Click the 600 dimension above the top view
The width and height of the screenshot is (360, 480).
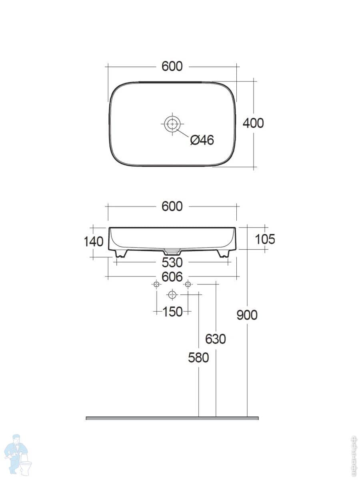pyautogui.click(x=172, y=66)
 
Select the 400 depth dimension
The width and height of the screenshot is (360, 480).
pyautogui.click(x=253, y=123)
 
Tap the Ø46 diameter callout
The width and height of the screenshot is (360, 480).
pyautogui.click(x=202, y=140)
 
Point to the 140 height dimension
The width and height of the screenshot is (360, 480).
pyautogui.click(x=94, y=241)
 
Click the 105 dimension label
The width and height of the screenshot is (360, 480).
pyautogui.click(x=265, y=239)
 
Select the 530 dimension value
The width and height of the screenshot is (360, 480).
pyautogui.click(x=172, y=262)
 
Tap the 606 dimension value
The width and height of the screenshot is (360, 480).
pyautogui.click(x=172, y=276)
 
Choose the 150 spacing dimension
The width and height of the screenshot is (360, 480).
pyautogui.click(x=173, y=311)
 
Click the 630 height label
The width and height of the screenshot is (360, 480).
pyautogui.click(x=216, y=339)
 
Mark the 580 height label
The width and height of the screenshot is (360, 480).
pyautogui.click(x=198, y=357)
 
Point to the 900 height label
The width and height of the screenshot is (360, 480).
pyautogui.click(x=247, y=315)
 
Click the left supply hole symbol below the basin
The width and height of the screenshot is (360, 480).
pyautogui.click(x=156, y=284)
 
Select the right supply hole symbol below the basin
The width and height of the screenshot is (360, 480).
pyautogui.click(x=188, y=284)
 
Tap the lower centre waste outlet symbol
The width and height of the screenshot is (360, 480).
pyautogui.click(x=172, y=295)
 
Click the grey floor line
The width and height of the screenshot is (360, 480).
pyautogui.click(x=172, y=418)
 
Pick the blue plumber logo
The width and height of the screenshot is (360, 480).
pyautogui.click(x=18, y=454)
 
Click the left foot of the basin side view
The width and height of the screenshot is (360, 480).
pyautogui.click(x=120, y=253)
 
